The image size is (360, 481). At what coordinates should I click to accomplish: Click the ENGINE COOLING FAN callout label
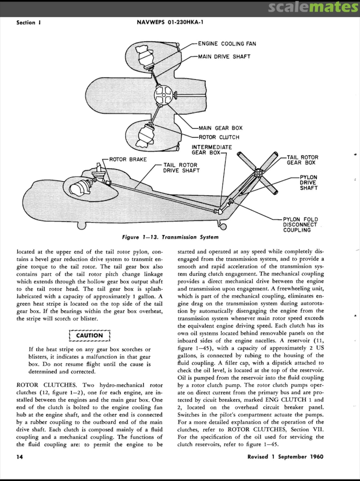pyautogui.click(x=227, y=44)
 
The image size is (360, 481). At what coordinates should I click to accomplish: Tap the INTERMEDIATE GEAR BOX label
pyautogui.click(x=211, y=150)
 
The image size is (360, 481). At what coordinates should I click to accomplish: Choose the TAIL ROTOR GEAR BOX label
pyautogui.click(x=302, y=160)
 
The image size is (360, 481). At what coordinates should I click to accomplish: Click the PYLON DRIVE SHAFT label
pyautogui.click(x=308, y=183)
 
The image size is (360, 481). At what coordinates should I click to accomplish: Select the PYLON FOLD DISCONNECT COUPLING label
pyautogui.click(x=300, y=224)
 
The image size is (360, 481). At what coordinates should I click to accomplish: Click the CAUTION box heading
pyautogui.click(x=89, y=335)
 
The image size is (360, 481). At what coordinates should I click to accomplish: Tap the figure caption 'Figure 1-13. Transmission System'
pyautogui.click(x=170, y=237)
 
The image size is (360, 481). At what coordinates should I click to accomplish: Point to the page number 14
pyautogui.click(x=20, y=457)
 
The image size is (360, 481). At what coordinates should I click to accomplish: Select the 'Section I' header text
pyautogui.click(x=28, y=23)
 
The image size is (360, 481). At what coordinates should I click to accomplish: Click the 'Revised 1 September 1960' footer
pyautogui.click(x=285, y=457)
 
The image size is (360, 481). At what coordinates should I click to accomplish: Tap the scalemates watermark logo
pyautogui.click(x=320, y=8)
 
